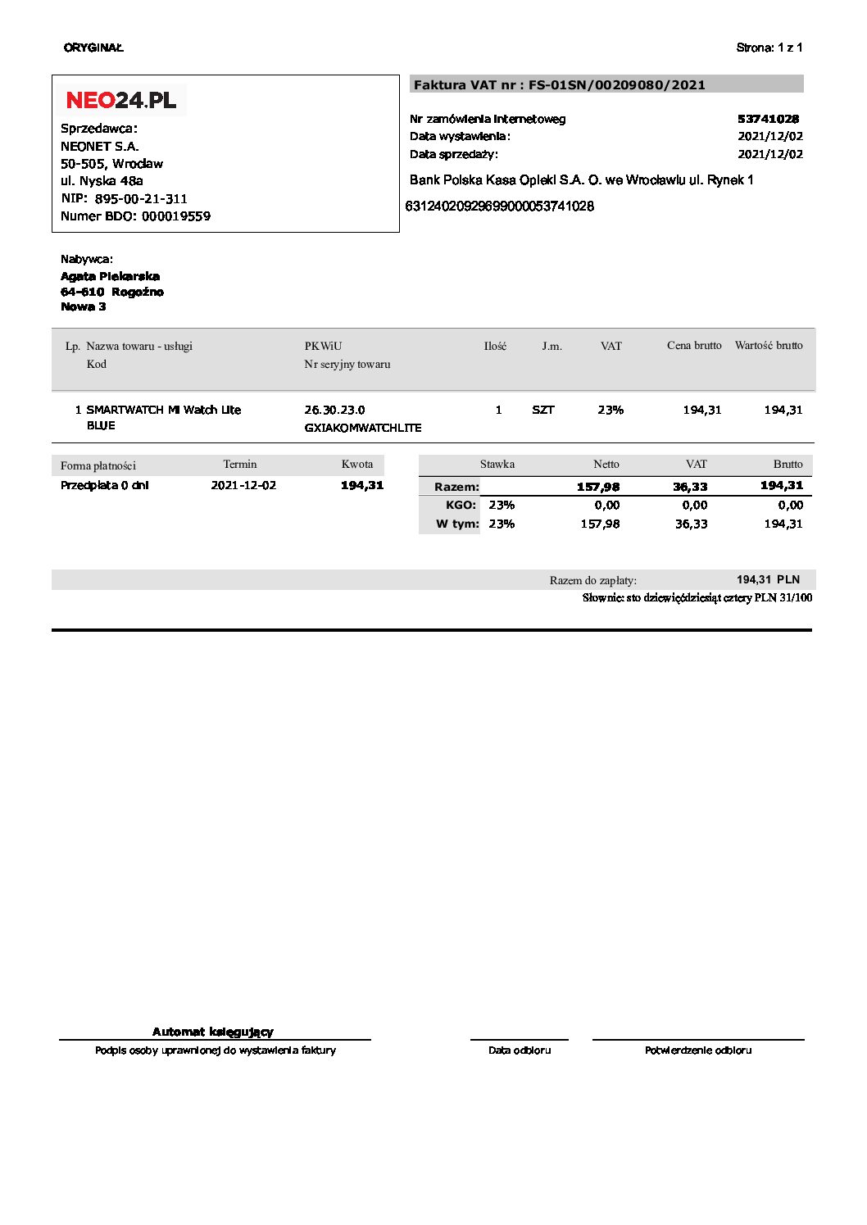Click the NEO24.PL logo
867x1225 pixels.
121,100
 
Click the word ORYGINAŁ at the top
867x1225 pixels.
93,48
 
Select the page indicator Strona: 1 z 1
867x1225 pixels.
769,48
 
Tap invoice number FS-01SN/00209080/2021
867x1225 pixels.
616,84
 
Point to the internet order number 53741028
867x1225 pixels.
768,119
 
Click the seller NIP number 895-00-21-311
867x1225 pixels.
141,198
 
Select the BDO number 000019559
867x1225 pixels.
176,216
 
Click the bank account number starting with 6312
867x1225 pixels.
499,206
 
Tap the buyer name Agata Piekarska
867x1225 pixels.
110,276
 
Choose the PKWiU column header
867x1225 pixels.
323,346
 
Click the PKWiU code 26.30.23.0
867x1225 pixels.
334,410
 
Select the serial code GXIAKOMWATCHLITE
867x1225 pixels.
362,428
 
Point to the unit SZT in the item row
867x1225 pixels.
542,410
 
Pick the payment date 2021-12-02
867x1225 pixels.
243,485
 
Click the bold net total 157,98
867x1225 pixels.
598,487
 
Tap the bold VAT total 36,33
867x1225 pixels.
690,487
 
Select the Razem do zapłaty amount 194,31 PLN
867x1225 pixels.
768,579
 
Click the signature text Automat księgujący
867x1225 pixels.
213,1032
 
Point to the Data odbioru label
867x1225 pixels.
520,1050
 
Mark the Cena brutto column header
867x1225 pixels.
694,346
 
